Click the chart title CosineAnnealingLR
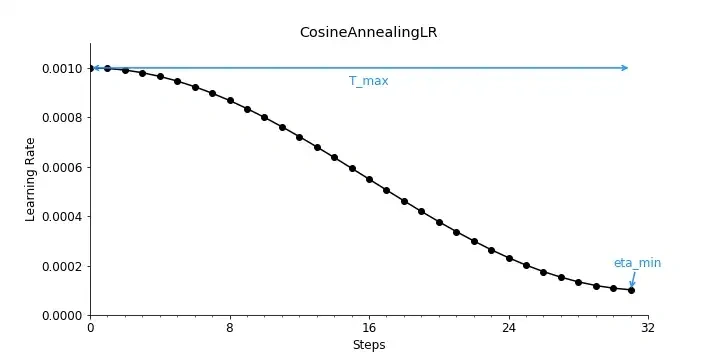pos(368,32)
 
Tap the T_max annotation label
pos(368,81)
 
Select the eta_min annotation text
pos(637,263)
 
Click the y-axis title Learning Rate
pos(30,179)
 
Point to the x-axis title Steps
pos(368,345)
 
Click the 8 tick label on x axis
pos(230,328)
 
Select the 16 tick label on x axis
pos(369,328)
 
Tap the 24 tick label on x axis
pos(509,328)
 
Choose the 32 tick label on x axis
pos(648,328)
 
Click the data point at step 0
pos(90,68)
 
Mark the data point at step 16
pos(369,179)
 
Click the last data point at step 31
pos(631,290)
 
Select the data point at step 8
pos(230,101)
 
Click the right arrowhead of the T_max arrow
pos(625,68)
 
